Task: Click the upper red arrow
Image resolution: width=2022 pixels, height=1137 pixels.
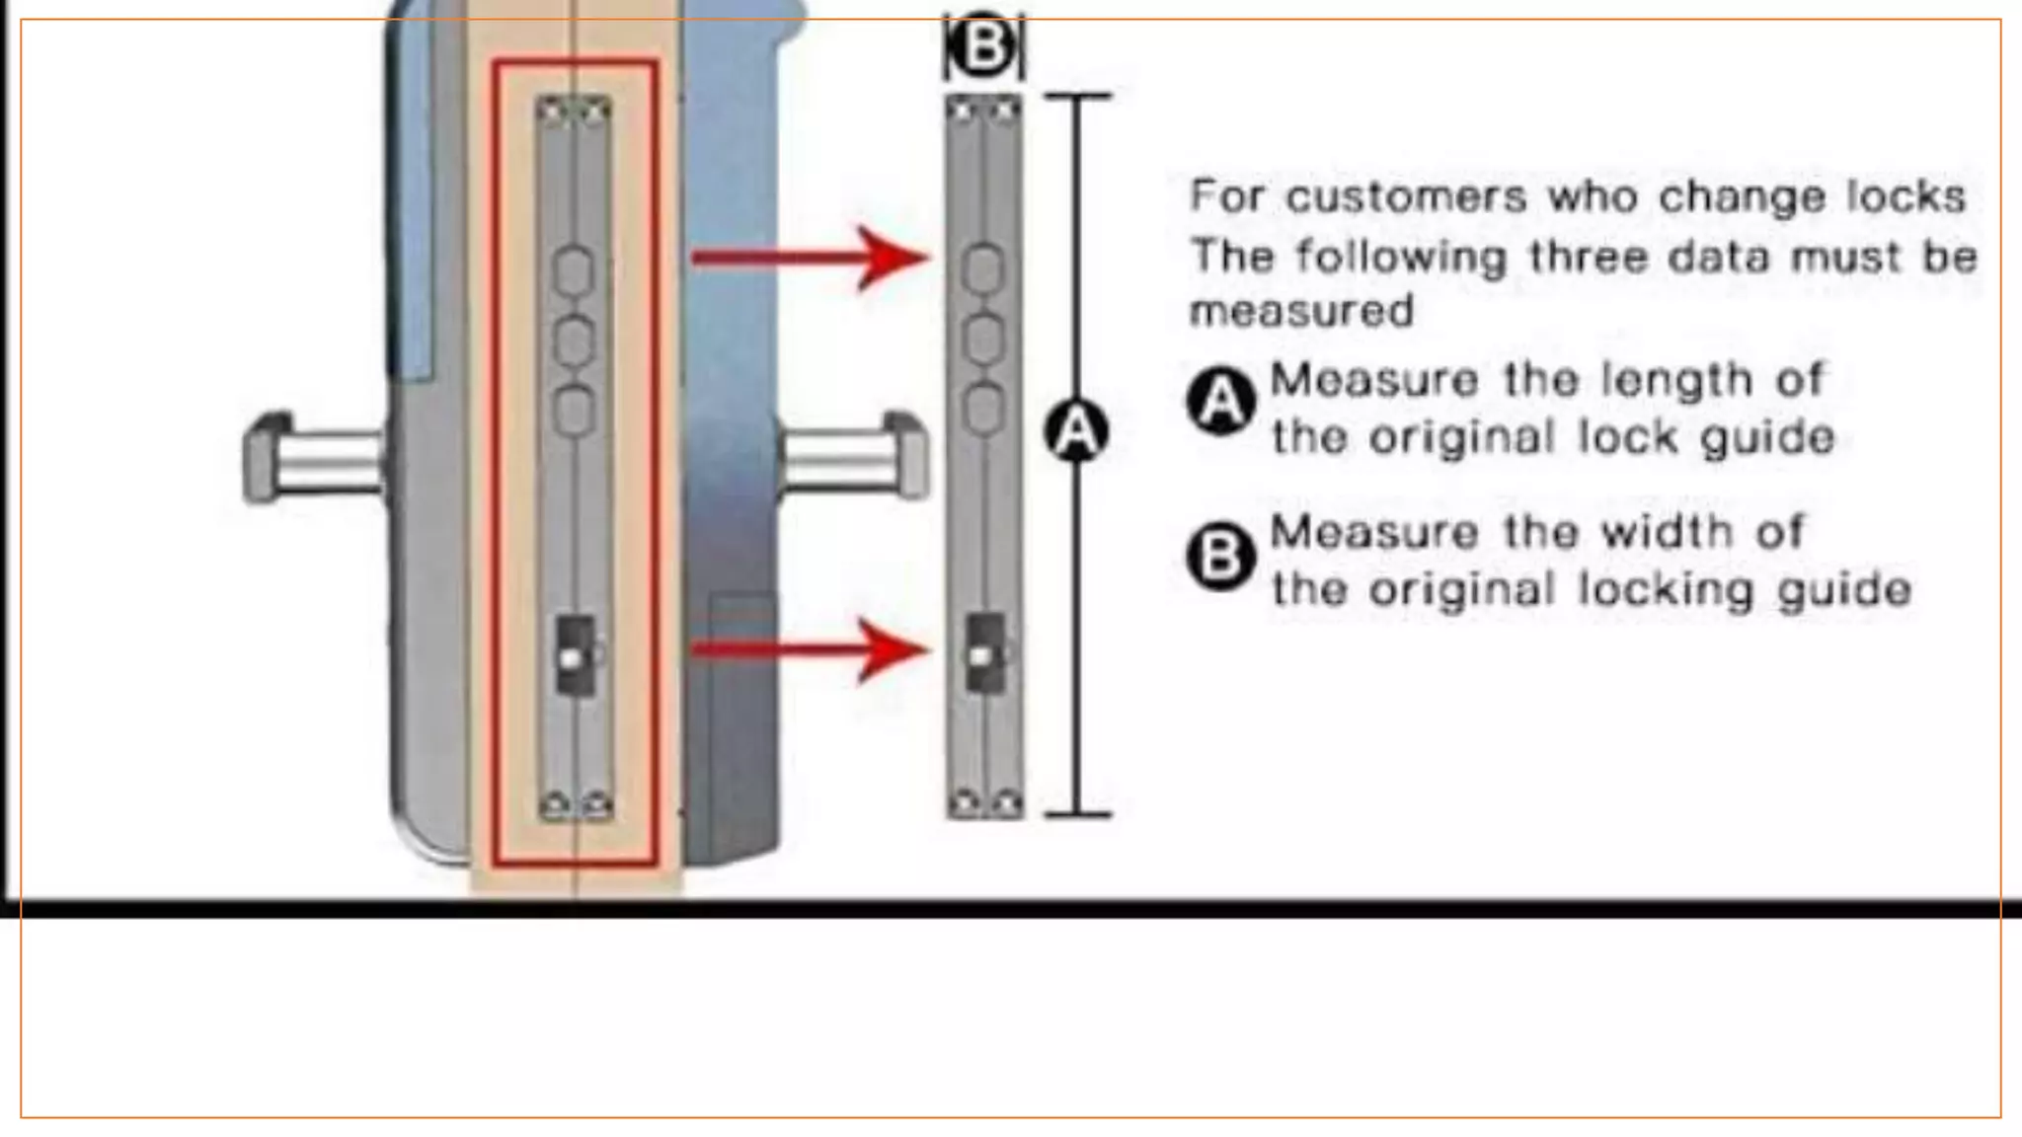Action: pyautogui.click(x=810, y=259)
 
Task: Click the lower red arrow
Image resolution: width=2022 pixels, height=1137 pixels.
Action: pyautogui.click(x=810, y=649)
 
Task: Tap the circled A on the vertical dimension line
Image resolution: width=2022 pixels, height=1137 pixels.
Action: pyautogui.click(x=1076, y=431)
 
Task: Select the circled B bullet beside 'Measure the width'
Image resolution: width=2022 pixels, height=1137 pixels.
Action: pyautogui.click(x=1220, y=557)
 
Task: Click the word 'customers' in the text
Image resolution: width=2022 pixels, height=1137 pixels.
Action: pyautogui.click(x=1407, y=196)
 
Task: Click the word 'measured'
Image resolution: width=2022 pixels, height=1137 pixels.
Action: pyautogui.click(x=1301, y=312)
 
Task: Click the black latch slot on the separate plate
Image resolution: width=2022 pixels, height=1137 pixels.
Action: pyautogui.click(x=983, y=651)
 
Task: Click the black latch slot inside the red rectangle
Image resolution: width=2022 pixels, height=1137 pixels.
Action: pyautogui.click(x=575, y=654)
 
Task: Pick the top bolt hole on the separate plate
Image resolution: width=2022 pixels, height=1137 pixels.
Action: pyautogui.click(x=982, y=269)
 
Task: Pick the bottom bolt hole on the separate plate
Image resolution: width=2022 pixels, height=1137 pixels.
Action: pyautogui.click(x=982, y=409)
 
